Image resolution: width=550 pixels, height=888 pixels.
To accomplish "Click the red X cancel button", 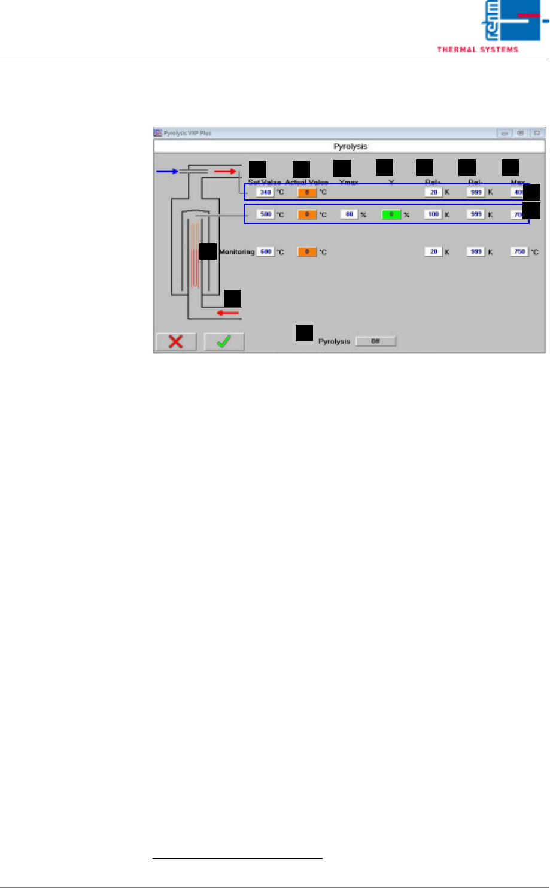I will click(177, 342).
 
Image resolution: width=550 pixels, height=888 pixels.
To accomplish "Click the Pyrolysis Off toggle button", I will click(376, 341).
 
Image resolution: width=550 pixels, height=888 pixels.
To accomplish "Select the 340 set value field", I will click(265, 193).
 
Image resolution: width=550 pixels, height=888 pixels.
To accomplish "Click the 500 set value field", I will click(265, 214).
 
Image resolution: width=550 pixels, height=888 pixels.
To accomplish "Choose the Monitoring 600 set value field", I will click(266, 252).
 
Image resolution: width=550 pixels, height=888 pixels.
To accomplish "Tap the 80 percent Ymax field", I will click(349, 214).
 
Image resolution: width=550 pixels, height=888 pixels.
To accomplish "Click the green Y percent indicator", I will click(391, 214).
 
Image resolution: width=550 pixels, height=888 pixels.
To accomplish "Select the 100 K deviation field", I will click(433, 214).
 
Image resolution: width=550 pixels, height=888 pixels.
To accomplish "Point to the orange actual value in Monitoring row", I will click(307, 252).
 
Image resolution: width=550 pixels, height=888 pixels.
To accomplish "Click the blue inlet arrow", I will click(168, 171).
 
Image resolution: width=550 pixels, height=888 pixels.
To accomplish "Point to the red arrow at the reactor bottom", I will click(227, 313).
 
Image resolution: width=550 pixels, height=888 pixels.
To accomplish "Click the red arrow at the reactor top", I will click(226, 171).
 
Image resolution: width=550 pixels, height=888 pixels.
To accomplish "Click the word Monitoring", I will click(237, 252).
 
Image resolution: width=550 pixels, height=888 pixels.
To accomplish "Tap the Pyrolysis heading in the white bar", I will click(349, 146).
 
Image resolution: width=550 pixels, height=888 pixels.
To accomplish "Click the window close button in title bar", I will click(537, 133).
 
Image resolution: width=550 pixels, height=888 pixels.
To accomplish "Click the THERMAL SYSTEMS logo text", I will click(477, 49).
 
